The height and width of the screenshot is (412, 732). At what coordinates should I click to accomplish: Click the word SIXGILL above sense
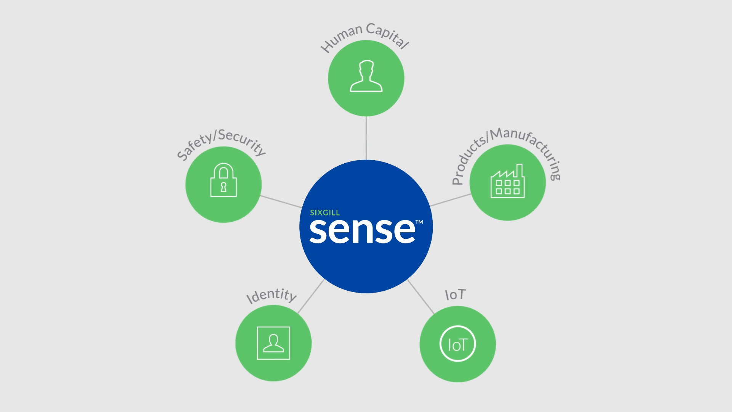click(x=324, y=212)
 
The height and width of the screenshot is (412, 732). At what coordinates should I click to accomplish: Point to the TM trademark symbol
click(x=419, y=222)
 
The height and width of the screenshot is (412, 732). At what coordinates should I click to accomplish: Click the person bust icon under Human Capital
click(x=366, y=76)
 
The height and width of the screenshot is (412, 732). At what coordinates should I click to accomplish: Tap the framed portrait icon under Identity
click(x=273, y=343)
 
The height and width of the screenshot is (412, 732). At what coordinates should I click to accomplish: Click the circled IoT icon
click(x=457, y=344)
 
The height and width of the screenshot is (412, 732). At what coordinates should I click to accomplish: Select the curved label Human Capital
click(x=365, y=34)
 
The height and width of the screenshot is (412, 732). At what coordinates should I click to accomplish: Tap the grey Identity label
click(x=271, y=295)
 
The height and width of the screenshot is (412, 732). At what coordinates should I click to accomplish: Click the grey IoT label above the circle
click(x=455, y=295)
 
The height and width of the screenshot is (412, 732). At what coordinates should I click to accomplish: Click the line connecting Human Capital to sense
click(x=366, y=138)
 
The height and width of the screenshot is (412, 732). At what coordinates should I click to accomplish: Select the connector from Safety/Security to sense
click(x=281, y=201)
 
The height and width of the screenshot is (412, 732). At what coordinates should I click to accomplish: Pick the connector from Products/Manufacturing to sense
click(x=451, y=200)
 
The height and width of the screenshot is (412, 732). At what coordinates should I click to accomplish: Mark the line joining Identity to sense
click(x=311, y=296)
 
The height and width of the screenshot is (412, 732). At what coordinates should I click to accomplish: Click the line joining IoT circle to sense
click(x=421, y=297)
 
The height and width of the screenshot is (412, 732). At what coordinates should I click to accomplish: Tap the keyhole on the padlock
click(x=223, y=187)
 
